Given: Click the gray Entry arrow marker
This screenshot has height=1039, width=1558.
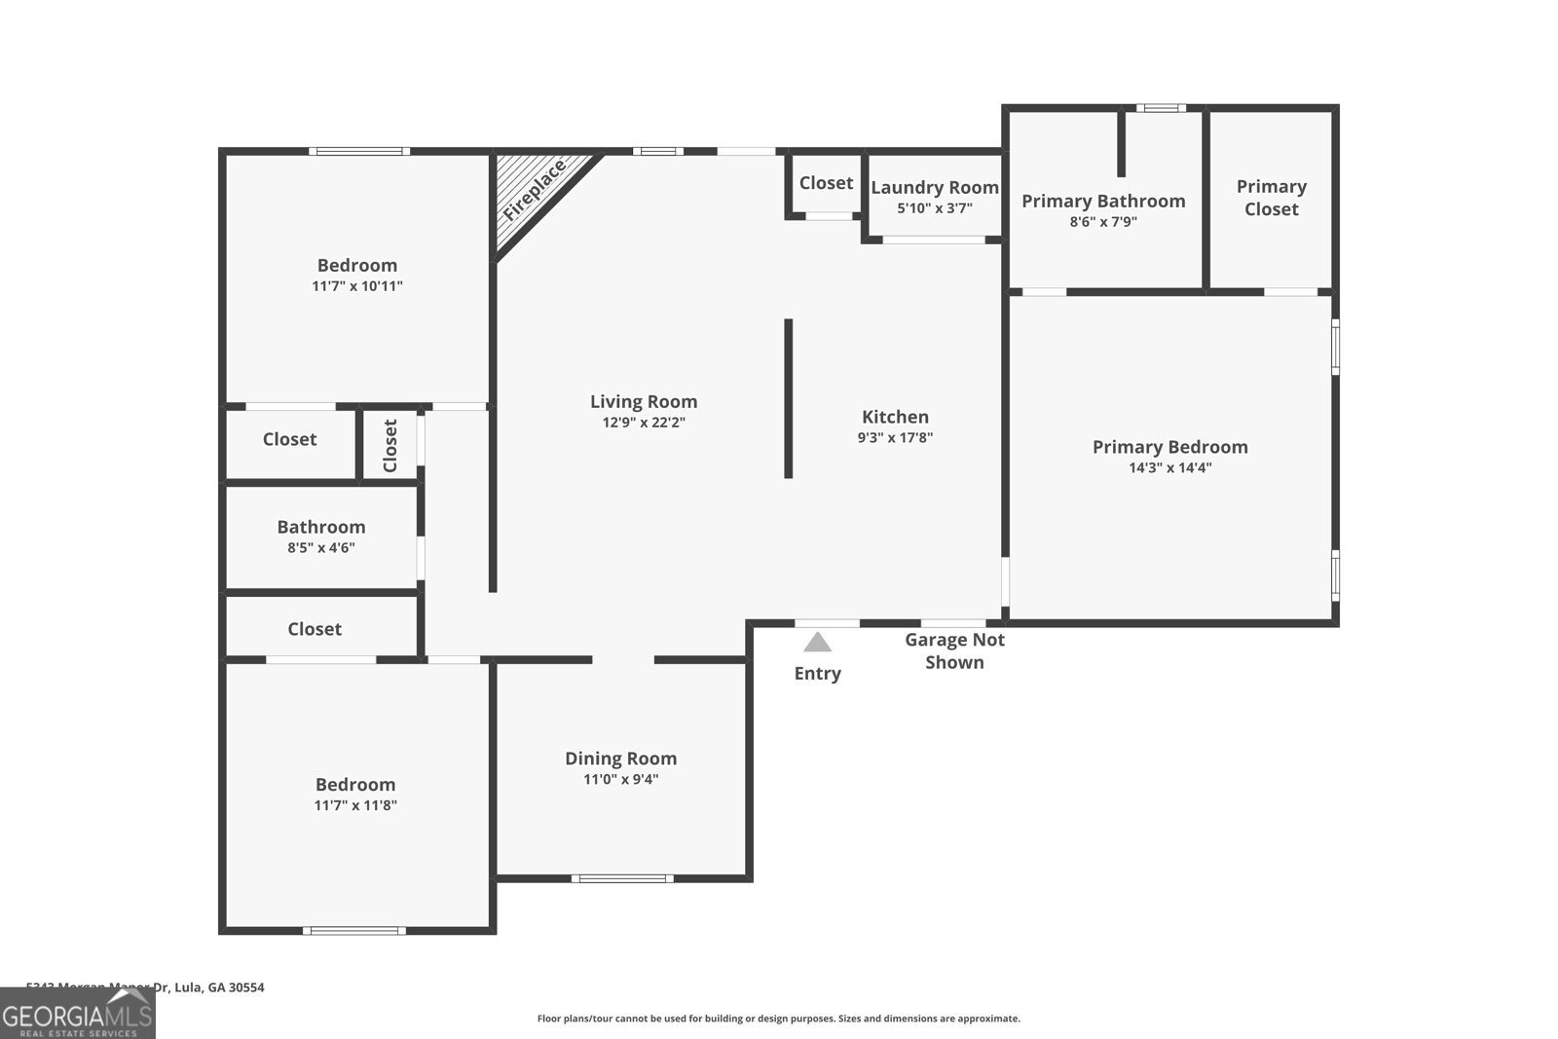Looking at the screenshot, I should (x=817, y=643).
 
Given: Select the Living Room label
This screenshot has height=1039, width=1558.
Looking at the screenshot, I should (x=644, y=401).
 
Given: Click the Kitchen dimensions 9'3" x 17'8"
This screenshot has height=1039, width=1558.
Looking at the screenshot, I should (x=895, y=438).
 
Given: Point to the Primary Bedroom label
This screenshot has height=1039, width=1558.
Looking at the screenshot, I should (x=1169, y=447).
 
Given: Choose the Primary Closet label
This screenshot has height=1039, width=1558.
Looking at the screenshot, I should (x=1271, y=198).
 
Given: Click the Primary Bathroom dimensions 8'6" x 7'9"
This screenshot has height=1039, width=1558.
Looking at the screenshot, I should (x=1103, y=222).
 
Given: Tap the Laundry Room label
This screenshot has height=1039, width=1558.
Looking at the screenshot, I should (x=934, y=187).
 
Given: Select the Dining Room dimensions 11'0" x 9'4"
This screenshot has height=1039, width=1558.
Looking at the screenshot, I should (x=620, y=779).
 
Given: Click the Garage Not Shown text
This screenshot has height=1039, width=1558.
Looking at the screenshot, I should (x=954, y=650).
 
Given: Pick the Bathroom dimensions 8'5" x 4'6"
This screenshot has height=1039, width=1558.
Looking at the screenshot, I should (x=320, y=548).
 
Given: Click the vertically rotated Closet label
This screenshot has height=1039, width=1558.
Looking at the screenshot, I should (x=390, y=445).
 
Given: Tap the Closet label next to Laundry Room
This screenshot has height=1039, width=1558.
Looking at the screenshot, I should (x=826, y=183).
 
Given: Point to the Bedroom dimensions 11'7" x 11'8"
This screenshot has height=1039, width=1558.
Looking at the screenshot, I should (x=355, y=805).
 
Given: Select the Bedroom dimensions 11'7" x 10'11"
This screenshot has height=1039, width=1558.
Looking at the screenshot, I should (x=356, y=286).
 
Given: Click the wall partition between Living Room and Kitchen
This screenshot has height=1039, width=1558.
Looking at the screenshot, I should (x=788, y=398).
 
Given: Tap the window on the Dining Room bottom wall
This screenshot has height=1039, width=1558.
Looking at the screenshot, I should (x=622, y=878).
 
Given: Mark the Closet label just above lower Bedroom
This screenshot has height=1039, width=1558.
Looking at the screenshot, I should (x=315, y=629).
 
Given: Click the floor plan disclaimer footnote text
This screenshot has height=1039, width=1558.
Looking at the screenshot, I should (x=778, y=1019).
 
